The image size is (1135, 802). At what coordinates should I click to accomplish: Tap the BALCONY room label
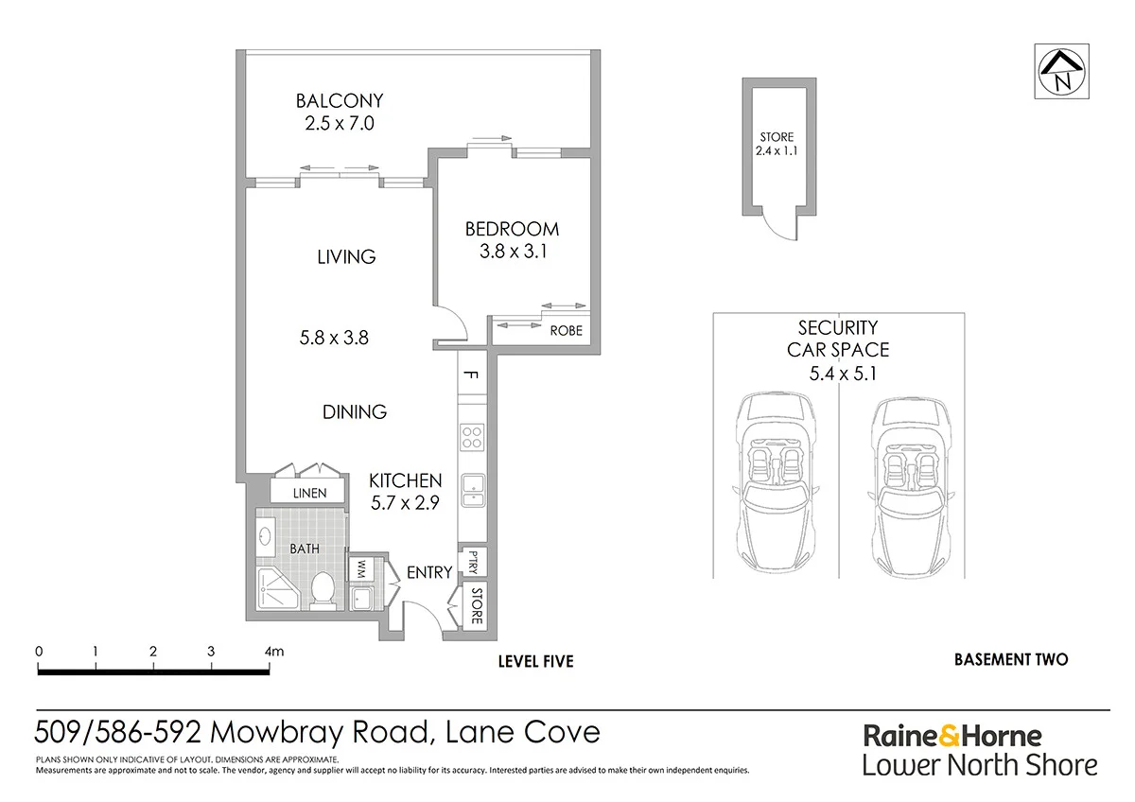click(340, 100)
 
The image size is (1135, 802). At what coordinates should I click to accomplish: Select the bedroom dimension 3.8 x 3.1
click(512, 252)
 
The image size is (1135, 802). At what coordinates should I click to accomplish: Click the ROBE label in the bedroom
click(566, 331)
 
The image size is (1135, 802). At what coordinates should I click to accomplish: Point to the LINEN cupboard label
click(309, 493)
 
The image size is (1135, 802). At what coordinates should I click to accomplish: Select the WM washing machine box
click(360, 569)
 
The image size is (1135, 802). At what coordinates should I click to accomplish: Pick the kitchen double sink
click(472, 489)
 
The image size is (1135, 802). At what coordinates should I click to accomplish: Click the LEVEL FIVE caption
click(535, 661)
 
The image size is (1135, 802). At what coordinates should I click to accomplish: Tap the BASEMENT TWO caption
click(1011, 659)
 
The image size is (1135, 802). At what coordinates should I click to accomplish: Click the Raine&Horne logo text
click(952, 736)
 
